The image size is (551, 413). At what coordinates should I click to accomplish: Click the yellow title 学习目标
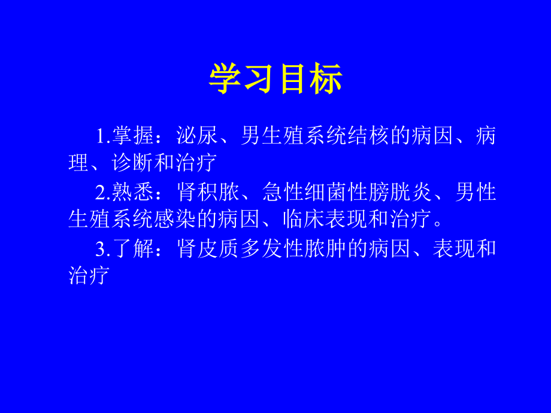click(275, 80)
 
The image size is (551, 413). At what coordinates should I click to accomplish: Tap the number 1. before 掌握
click(102, 137)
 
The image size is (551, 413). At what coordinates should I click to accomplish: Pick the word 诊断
click(134, 163)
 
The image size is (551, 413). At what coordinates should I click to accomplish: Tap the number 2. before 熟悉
click(102, 193)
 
